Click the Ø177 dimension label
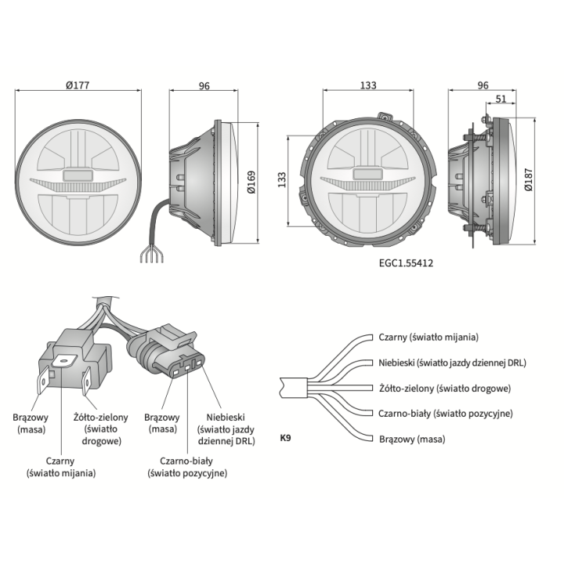[x=78, y=85]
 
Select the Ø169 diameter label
[x=251, y=182]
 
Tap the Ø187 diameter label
[x=529, y=179]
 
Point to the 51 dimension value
[x=501, y=99]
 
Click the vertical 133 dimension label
[x=282, y=180]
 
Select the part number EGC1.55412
[x=406, y=263]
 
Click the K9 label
[x=285, y=438]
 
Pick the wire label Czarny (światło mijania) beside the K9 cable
[x=428, y=338]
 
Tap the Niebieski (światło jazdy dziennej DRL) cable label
[x=452, y=363]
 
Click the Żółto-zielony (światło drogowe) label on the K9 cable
[x=445, y=389]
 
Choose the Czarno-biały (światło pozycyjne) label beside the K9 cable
[x=445, y=414]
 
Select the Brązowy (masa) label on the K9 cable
[x=412, y=439]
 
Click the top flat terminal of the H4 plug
[x=65, y=360]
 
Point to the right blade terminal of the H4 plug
[x=87, y=381]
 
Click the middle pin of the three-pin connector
[x=187, y=368]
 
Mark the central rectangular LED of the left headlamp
[x=78, y=175]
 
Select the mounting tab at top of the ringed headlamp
[x=385, y=117]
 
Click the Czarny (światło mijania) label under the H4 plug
[x=61, y=467]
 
